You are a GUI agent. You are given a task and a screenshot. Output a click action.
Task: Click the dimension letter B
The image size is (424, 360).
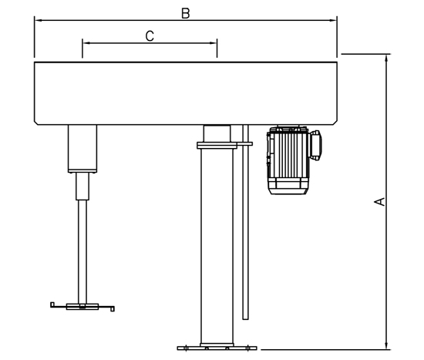pyautogui.click(x=186, y=14)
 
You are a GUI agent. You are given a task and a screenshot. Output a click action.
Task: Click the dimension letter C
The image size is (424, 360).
pyautogui.click(x=150, y=36)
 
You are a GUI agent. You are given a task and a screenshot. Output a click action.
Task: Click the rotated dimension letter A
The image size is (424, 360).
pyautogui.click(x=379, y=202)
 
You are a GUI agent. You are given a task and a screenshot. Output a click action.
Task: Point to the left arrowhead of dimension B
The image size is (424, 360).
pyautogui.click(x=38, y=20)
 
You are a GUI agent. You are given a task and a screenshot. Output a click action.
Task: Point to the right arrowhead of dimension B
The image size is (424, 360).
pyautogui.click(x=333, y=20)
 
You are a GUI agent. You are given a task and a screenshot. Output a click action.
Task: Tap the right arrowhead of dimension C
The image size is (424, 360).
pyautogui.click(x=214, y=42)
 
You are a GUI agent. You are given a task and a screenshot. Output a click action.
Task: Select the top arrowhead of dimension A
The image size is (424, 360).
pyautogui.click(x=387, y=58)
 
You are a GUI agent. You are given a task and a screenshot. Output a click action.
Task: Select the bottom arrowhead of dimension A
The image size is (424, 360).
pyautogui.click(x=387, y=346)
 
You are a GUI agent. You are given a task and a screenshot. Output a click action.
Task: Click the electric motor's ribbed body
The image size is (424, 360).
pyautogui.click(x=288, y=160)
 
